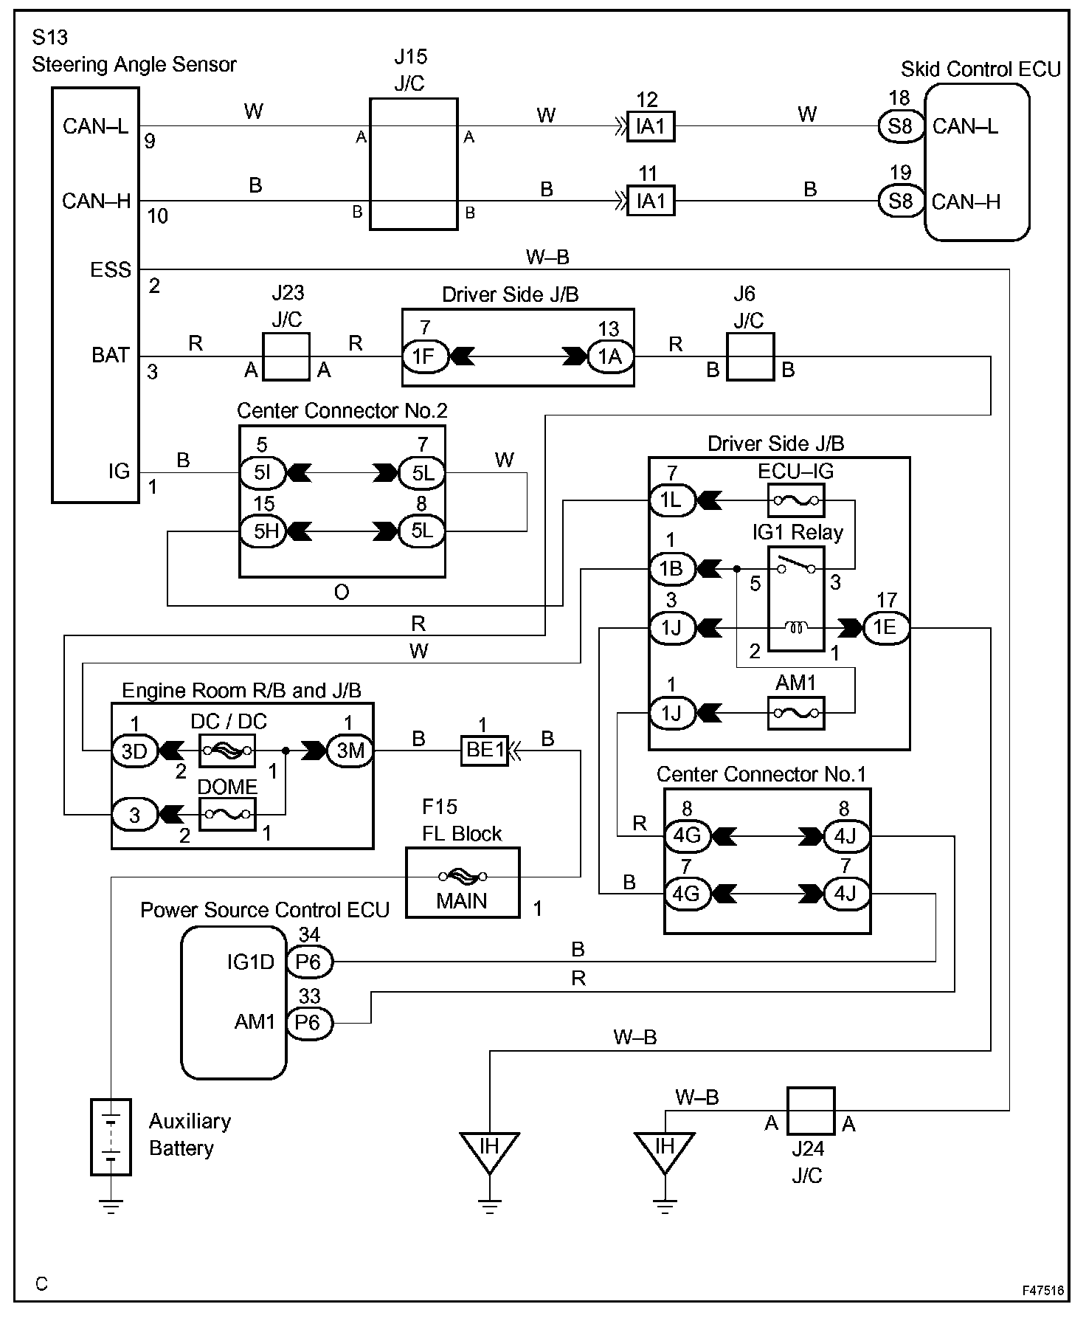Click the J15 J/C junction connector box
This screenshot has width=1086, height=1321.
coord(413,164)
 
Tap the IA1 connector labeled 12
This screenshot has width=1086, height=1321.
coord(650,126)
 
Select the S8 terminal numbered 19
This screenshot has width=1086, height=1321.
coord(900,201)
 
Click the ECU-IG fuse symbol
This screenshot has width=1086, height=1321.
coord(796,500)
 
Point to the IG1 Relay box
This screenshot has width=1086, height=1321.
coord(796,599)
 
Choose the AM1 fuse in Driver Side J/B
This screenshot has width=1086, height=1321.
coord(796,713)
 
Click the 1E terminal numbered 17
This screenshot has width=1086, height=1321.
coord(885,627)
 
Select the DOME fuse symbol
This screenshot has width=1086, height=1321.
coord(227,814)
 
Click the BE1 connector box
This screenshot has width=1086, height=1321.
coord(485,751)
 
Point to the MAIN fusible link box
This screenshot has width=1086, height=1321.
coord(463,883)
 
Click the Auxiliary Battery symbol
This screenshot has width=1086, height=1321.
coord(111,1137)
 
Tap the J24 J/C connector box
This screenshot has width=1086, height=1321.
coord(810,1110)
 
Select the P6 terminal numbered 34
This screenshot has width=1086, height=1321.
coord(308,962)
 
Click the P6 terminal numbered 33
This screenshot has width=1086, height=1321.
coord(308,1023)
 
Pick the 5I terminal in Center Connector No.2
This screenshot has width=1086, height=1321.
coord(263,472)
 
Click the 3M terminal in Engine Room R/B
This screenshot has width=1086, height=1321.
coord(350,751)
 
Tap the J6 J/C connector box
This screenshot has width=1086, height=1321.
coord(750,356)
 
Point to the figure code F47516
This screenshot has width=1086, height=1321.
coord(1042,1291)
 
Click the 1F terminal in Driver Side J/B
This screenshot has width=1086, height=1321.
coord(423,356)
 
